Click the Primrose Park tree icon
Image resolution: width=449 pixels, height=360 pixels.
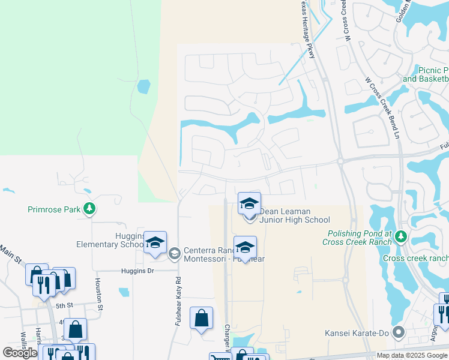tap(89, 209)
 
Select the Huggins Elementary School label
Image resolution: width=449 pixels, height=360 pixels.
tap(109, 240)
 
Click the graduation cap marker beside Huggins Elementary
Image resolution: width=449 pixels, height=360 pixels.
tap(155, 243)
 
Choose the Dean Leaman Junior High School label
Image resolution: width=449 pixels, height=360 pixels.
tap(295, 215)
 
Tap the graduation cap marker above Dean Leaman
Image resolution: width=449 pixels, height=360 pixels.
tap(249, 203)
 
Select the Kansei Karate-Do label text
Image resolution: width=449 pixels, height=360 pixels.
tap(358, 332)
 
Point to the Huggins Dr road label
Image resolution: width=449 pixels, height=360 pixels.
tap(138, 271)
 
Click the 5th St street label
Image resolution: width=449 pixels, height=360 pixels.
tap(64, 305)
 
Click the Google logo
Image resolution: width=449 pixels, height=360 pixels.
tap(19, 353)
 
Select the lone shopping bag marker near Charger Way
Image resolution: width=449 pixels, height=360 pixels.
tap(201, 318)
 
